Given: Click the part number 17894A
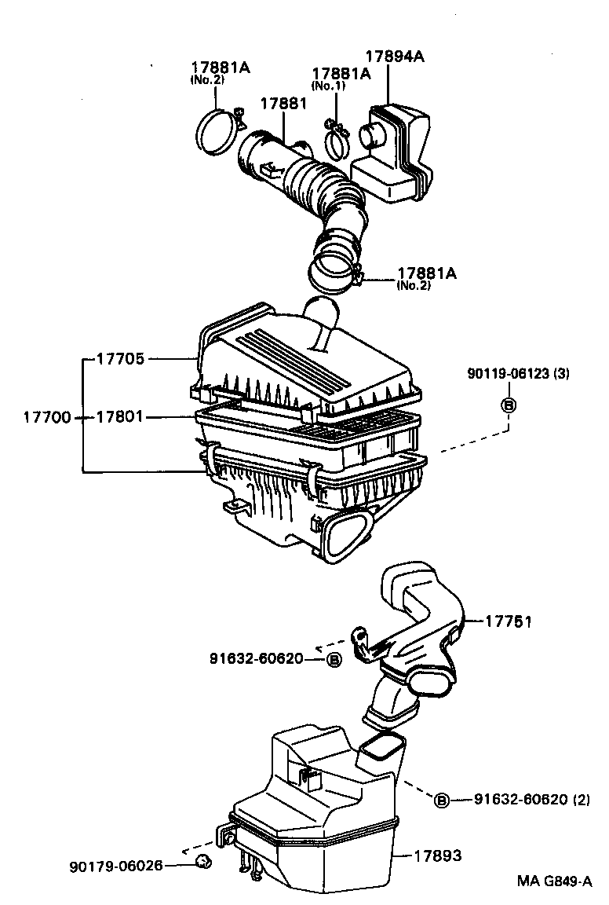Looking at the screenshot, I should [395, 56].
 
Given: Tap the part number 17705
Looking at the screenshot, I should [119, 359].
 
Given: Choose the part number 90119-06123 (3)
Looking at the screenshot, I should [516, 374].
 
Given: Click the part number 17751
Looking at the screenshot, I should [509, 621].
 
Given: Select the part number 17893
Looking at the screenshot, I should [438, 856].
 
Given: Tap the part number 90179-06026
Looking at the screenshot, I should [116, 866].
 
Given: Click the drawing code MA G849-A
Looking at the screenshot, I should [554, 881].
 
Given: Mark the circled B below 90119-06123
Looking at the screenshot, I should [508, 405].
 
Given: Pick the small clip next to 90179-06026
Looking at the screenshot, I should [202, 863].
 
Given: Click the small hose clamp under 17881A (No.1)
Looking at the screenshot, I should [338, 140].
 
